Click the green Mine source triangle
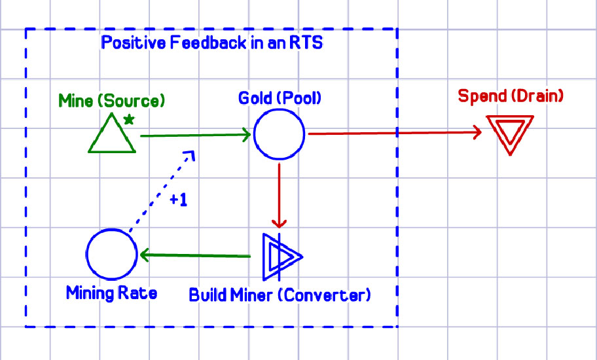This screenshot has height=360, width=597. click(x=112, y=136)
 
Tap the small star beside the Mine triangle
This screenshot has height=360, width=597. click(x=129, y=119)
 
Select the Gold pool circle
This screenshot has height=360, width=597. click(x=279, y=134)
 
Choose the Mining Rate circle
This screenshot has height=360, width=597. click(x=111, y=254)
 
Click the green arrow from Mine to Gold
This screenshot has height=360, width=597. click(x=196, y=135)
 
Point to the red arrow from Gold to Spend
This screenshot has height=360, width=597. click(x=393, y=134)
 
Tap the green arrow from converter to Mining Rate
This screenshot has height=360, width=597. click(x=196, y=255)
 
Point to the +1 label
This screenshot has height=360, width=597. click(x=178, y=201)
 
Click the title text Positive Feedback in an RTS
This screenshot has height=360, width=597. click(x=211, y=44)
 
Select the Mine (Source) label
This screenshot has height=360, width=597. click(x=111, y=101)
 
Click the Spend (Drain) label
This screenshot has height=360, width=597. click(x=511, y=96)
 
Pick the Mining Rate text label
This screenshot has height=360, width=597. click(x=111, y=293)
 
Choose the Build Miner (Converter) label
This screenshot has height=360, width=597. click(x=280, y=295)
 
